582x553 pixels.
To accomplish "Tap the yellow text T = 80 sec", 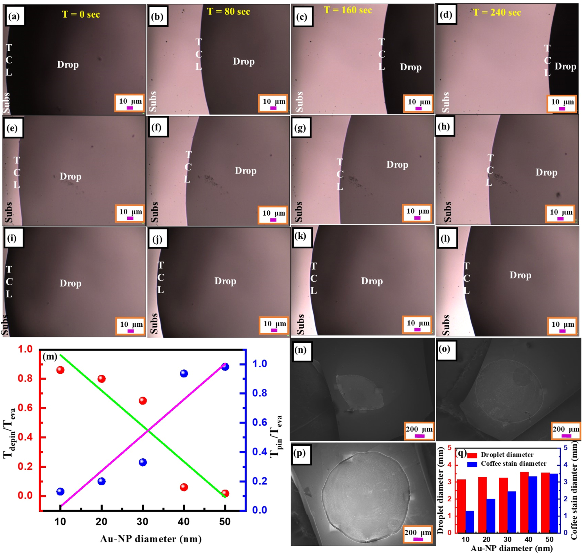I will click(x=228, y=12).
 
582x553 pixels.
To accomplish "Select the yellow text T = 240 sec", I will click(x=497, y=12).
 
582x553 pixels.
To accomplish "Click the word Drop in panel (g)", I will click(x=397, y=165).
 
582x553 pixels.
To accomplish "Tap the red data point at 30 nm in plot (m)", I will click(x=143, y=400).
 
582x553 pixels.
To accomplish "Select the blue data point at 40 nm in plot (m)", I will click(x=184, y=374).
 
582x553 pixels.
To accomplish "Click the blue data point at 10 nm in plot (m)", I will click(x=60, y=491).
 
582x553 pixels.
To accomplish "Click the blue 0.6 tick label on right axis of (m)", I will click(x=260, y=422).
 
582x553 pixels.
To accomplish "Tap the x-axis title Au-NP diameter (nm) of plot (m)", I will click(x=150, y=539).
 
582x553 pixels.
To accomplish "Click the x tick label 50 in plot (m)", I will click(x=225, y=522).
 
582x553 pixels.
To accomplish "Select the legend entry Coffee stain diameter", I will click(x=513, y=464).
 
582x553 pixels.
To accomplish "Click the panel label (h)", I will click(x=444, y=126).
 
